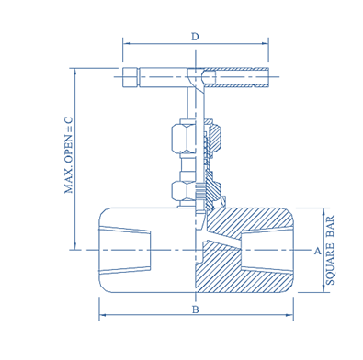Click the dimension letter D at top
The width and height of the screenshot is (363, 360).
pos(195,37)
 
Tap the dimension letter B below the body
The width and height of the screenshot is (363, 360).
pos(196,309)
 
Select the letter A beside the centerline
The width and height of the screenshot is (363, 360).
pos(318,251)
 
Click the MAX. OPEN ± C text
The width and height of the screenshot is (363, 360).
pos(69,154)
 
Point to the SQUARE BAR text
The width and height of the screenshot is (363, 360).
pos(330,251)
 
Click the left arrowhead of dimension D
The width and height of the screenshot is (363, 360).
pos(127,43)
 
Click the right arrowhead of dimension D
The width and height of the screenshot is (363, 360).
pos(265,43)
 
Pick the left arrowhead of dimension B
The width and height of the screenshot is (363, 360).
pos(103,315)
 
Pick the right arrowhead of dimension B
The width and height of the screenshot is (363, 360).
pos(289,315)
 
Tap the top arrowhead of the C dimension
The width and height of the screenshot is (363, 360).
pos(75,72)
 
